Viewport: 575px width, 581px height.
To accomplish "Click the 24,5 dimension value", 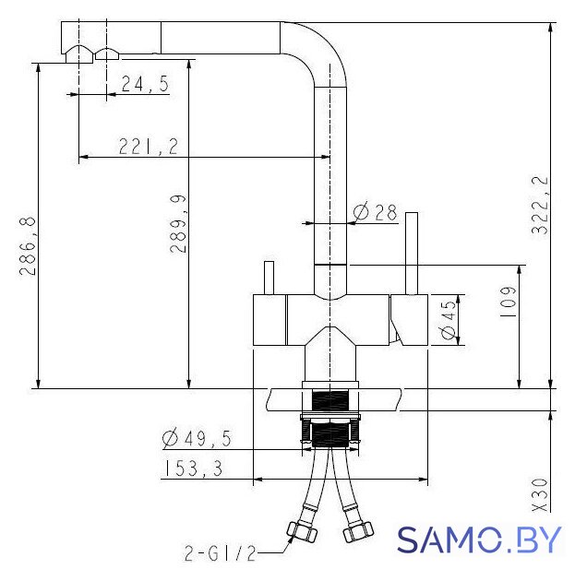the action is (145, 84).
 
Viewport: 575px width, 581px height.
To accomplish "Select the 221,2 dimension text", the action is (149, 147).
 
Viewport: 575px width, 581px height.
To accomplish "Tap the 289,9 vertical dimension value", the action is (178, 224).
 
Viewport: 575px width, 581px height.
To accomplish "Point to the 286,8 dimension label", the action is (28, 246).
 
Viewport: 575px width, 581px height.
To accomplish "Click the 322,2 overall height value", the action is (540, 205).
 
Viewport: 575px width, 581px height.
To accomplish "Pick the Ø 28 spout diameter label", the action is (375, 212).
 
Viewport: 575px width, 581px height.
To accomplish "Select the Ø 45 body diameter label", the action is (449, 320).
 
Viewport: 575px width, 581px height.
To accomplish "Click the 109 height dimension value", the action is (508, 302).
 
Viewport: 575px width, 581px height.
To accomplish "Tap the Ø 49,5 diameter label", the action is (197, 438).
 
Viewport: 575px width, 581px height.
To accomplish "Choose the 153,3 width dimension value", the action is (193, 468).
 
